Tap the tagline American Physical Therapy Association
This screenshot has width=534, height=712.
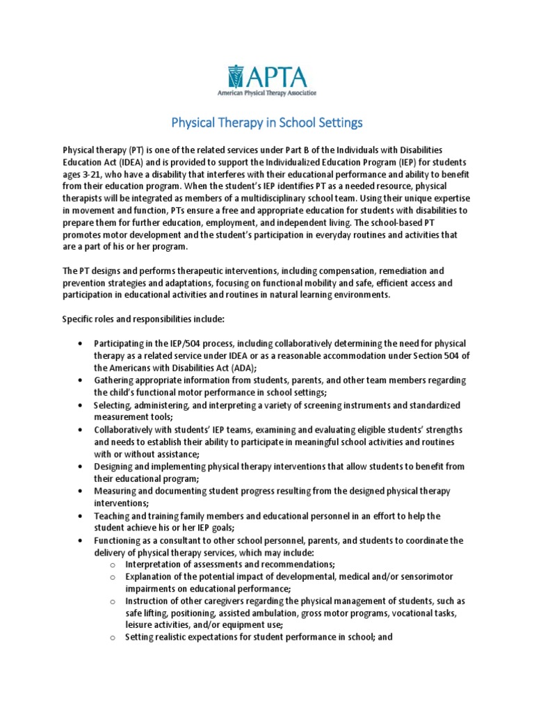[266, 92]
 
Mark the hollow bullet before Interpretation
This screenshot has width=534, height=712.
[112, 564]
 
